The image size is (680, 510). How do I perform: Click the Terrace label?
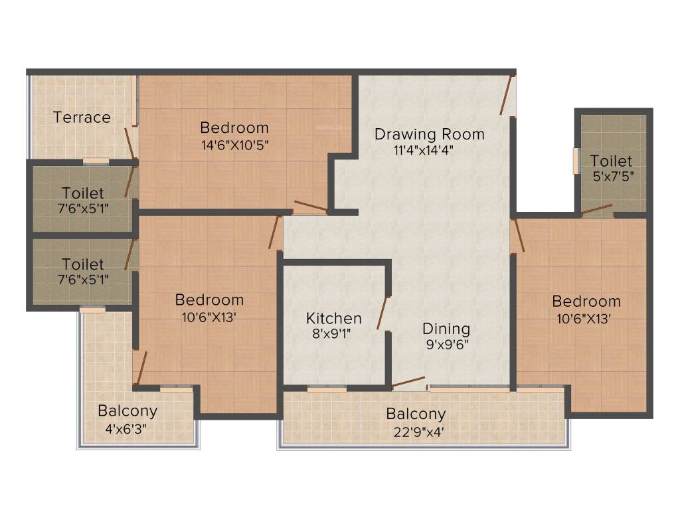pyautogui.click(x=82, y=118)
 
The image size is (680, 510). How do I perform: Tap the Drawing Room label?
pyautogui.click(x=429, y=133)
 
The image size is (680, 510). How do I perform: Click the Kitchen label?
pyautogui.click(x=334, y=318)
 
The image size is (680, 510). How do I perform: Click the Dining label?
pyautogui.click(x=446, y=329)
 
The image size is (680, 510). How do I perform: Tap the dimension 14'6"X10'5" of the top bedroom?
pyautogui.click(x=234, y=143)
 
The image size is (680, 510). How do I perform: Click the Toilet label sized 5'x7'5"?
pyautogui.click(x=611, y=161)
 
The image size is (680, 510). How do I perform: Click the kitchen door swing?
pyautogui.click(x=382, y=312)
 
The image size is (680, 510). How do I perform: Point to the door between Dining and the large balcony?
pyautogui.click(x=408, y=382)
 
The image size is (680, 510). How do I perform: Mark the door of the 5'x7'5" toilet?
pyautogui.click(x=596, y=211)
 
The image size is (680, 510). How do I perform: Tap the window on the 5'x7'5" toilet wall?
pyautogui.click(x=576, y=161)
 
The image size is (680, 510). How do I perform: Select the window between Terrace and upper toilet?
pyautogui.click(x=96, y=161)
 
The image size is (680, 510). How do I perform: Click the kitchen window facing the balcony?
pyautogui.click(x=327, y=389)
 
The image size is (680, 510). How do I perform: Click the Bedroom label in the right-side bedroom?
pyautogui.click(x=586, y=301)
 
